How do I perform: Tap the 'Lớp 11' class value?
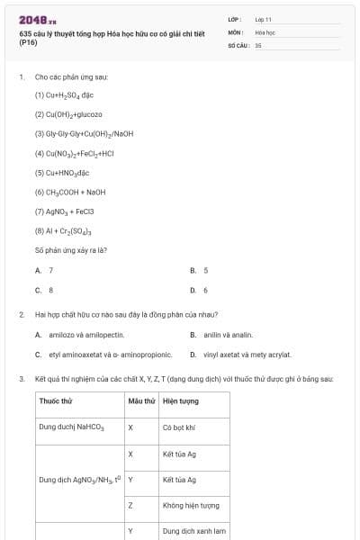coord(264,19)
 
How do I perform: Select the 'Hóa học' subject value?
coord(265,31)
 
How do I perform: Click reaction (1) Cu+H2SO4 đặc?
coord(65,94)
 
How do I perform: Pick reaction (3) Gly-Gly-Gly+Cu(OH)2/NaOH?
coord(84,133)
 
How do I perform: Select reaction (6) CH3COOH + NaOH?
coord(70,192)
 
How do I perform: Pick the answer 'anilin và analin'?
coord(221,334)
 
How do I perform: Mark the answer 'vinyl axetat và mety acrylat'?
coord(247,355)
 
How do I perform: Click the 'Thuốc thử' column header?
coord(55,400)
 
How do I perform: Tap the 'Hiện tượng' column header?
coord(181,400)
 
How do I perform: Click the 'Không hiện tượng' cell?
coord(191,506)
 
